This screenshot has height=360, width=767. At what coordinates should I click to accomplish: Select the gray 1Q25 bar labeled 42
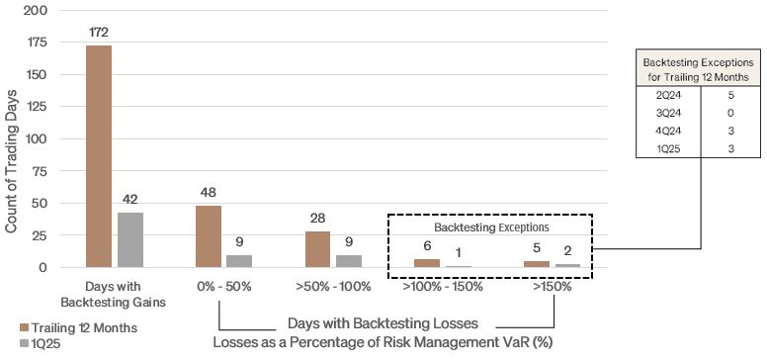coord(130,239)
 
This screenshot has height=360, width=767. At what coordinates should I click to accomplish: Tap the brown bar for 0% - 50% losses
coord(209,236)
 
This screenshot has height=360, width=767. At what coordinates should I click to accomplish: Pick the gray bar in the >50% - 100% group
coord(349,261)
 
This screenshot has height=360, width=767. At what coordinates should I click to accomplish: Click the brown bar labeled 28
coord(317,249)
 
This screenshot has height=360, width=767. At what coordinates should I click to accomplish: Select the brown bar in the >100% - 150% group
coord(426,263)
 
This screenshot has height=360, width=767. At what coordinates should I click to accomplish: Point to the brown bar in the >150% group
coord(536,264)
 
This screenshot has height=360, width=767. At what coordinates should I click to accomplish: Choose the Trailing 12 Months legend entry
coord(73,327)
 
